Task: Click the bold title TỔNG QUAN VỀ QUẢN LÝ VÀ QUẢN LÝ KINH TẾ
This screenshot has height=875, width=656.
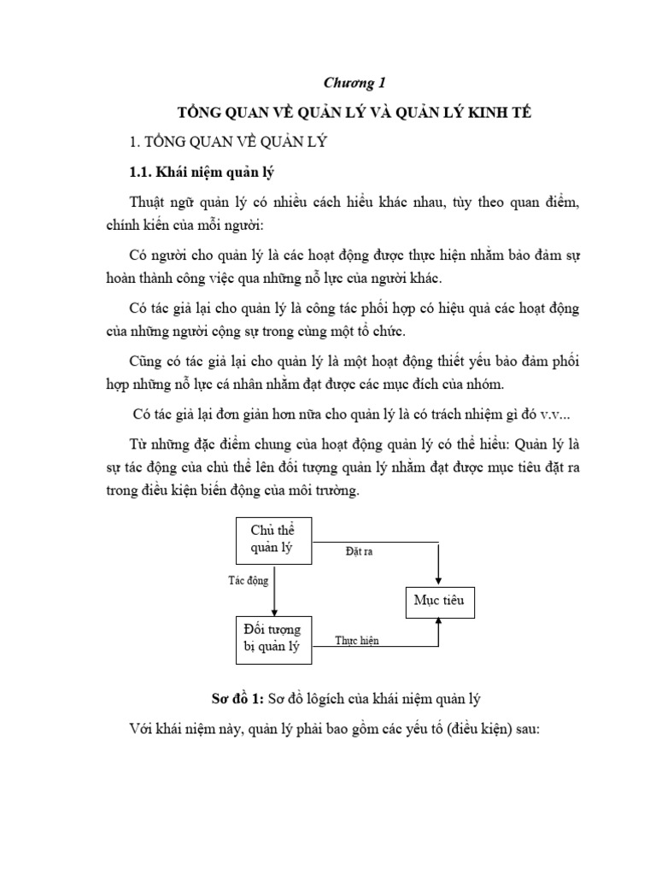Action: point(354,114)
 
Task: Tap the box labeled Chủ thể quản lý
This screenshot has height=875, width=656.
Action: point(273,541)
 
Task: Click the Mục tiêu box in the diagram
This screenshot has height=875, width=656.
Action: point(437,602)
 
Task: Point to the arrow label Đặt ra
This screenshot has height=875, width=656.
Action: point(359,552)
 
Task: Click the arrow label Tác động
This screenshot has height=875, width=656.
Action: point(249,581)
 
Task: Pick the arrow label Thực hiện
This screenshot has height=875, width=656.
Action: point(357,640)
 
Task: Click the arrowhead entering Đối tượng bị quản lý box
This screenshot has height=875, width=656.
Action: point(273,611)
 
